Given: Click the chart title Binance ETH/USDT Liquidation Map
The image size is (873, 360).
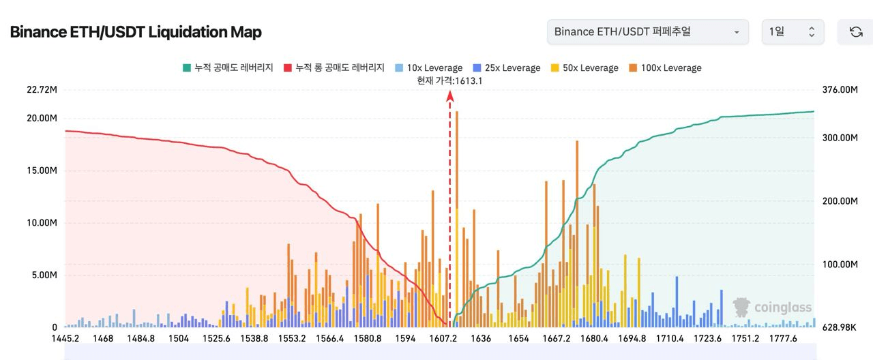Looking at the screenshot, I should tap(136, 32).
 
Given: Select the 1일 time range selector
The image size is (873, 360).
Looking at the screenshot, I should tap(793, 32).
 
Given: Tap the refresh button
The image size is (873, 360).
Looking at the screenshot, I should tap(855, 32).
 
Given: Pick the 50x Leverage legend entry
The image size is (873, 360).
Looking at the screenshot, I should tap(585, 67).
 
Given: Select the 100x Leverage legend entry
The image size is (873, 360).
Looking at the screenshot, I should tap(665, 67).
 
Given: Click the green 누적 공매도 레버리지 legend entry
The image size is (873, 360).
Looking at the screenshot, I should tap(228, 67).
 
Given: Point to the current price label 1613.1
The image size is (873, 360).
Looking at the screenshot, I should tap(449, 80).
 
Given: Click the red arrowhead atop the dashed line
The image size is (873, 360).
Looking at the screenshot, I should tap(450, 97).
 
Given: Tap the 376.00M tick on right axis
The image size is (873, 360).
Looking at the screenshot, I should tap(840, 90).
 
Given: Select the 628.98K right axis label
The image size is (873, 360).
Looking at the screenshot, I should tap(840, 327).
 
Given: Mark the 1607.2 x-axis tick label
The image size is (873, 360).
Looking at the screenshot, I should tap(444, 339).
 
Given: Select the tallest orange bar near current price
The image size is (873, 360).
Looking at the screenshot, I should tap(456, 218).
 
